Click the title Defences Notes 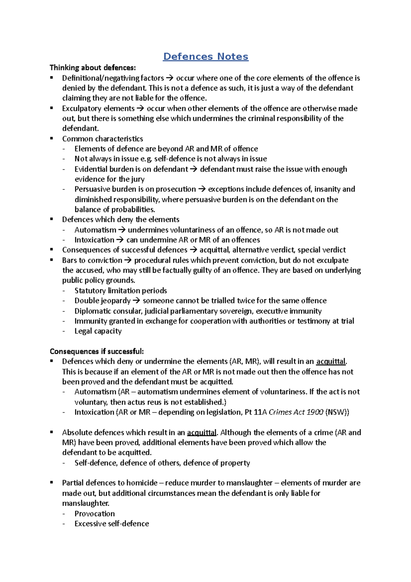tap(206, 57)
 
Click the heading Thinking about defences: tap(92, 68)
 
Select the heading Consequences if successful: tap(97, 351)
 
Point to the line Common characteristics tap(102, 139)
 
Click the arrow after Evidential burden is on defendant tap(194, 169)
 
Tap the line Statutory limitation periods tap(121, 291)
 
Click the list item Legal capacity tap(98, 331)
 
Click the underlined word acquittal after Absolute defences tap(202, 433)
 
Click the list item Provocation tap(95, 514)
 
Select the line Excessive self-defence tap(112, 524)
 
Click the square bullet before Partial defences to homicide tap(52, 483)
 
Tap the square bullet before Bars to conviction tap(52, 260)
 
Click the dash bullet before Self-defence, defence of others tap(64, 463)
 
